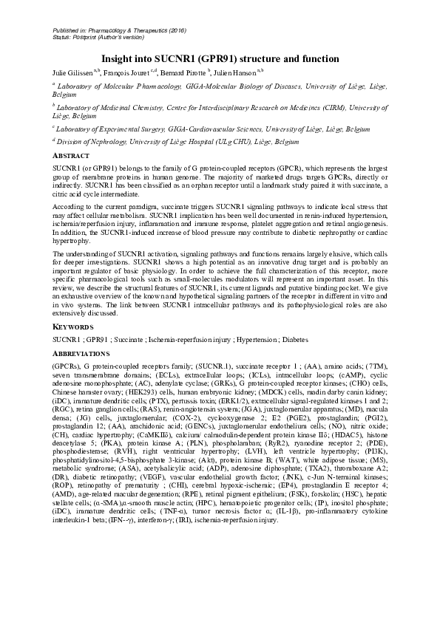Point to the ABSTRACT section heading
tap(72, 157)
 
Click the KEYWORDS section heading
tap(72, 326)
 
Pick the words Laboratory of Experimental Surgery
tap(108, 128)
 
